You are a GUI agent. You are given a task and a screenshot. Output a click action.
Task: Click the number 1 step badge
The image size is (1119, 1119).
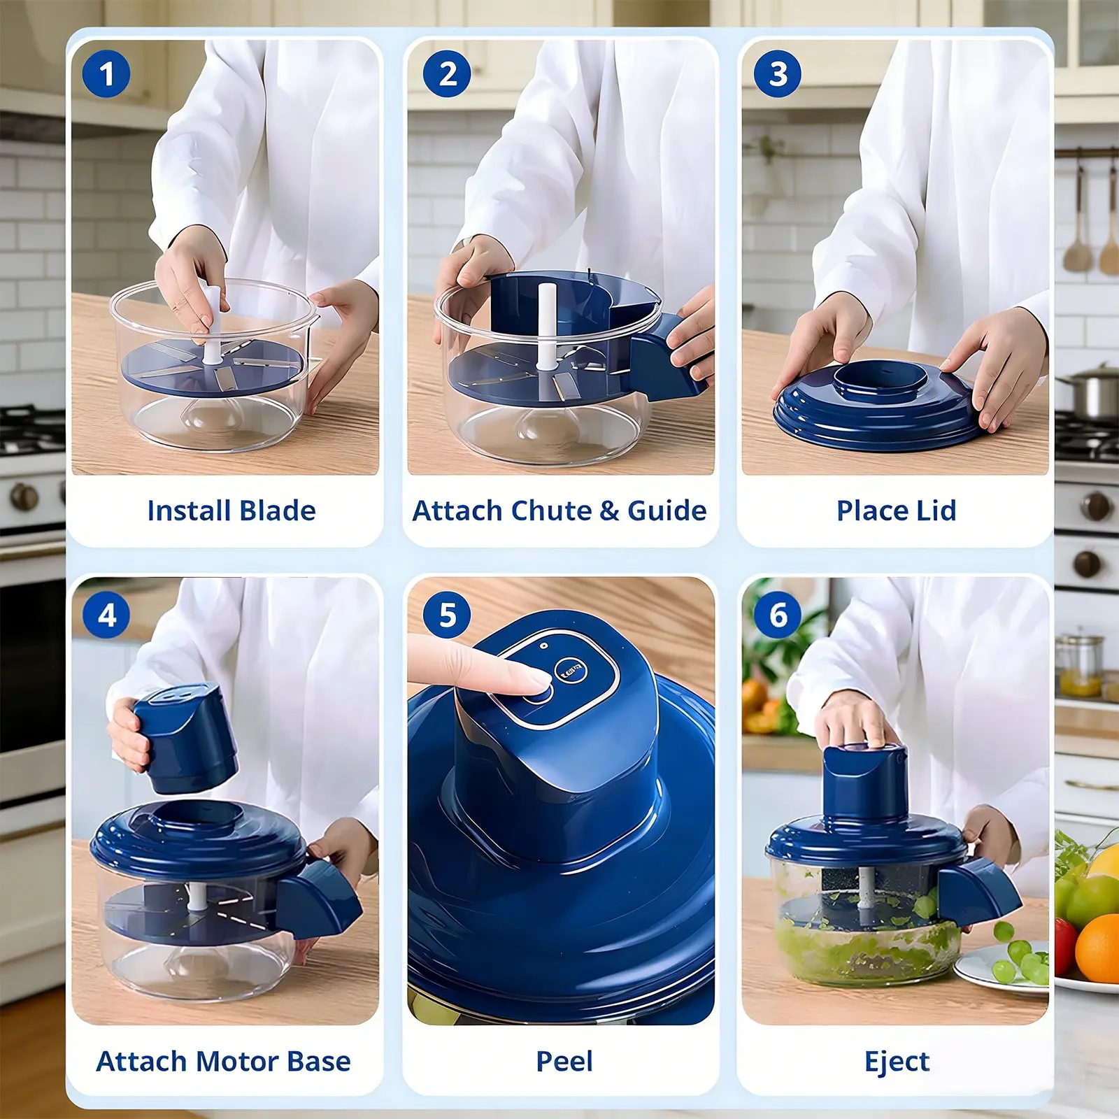106,73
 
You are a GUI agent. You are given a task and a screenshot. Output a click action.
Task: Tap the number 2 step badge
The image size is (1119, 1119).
447,73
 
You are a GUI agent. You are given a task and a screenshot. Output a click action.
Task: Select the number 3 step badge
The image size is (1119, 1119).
778,73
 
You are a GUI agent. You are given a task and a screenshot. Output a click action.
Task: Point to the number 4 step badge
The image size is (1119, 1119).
106,615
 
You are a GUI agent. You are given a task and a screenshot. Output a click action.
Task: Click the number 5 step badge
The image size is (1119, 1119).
447,615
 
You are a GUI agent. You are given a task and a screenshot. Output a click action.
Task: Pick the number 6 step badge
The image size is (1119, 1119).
778,615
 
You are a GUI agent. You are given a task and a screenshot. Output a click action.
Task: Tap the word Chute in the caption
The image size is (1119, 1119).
552,511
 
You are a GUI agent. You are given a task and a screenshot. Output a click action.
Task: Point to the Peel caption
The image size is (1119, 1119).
564,1061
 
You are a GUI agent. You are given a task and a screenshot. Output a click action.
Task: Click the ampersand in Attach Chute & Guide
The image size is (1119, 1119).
610,511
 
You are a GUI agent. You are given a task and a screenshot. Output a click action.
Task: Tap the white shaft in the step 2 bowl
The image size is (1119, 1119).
546,328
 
